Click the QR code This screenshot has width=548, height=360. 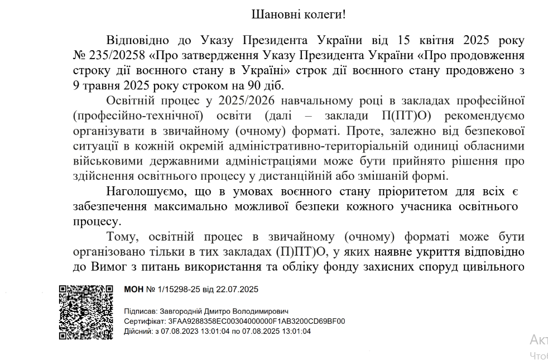click(86, 312)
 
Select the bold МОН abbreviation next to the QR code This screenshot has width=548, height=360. click(133, 290)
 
